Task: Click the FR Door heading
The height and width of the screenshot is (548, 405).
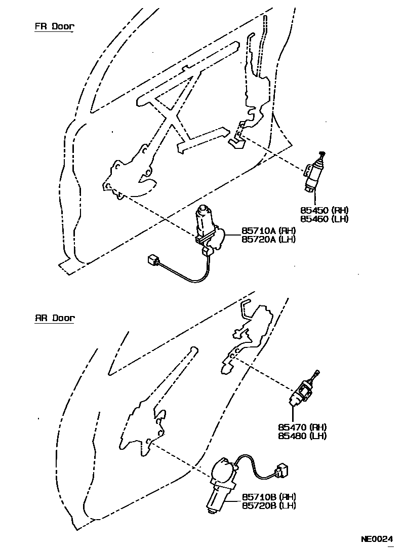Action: coord(54,27)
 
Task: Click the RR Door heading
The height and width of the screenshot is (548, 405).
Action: coord(54,319)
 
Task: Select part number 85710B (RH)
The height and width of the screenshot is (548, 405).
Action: coord(269,497)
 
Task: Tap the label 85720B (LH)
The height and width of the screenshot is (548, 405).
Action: coord(269,505)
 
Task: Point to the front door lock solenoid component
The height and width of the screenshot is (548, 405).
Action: coord(314,175)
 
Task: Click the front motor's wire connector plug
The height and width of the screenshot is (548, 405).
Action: coord(151,260)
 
